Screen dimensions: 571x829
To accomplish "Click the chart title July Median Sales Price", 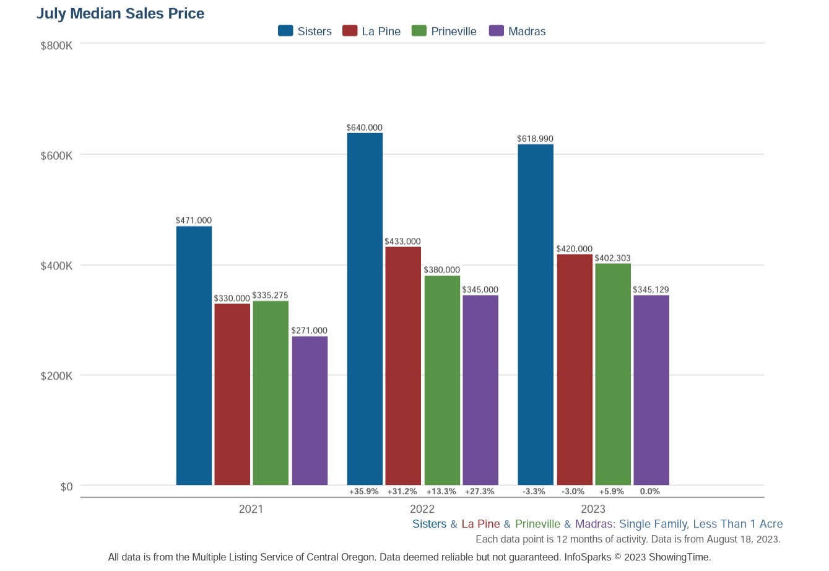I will (x=120, y=14).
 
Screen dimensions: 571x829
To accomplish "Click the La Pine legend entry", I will (x=371, y=32).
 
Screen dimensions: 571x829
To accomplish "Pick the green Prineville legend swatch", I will (x=419, y=31).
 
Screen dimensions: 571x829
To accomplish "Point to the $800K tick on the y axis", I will (x=56, y=46).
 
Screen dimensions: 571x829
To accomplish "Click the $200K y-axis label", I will (x=56, y=376).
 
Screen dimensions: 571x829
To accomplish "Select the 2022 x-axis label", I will (x=422, y=509).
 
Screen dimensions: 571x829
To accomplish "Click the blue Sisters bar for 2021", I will (x=194, y=356).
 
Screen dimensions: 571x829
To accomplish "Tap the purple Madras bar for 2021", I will (x=310, y=411).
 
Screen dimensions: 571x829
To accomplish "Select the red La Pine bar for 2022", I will (x=402, y=365).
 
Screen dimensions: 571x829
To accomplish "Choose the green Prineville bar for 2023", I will (x=613, y=374).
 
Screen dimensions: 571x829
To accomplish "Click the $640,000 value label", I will (x=364, y=128).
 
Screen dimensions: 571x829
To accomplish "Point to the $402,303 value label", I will (x=612, y=258).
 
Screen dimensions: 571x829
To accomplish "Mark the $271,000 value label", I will (x=309, y=331).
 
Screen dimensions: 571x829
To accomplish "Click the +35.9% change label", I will (x=363, y=492).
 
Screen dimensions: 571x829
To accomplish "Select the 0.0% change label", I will (x=649, y=492).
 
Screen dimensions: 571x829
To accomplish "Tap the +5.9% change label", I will (x=611, y=492).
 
